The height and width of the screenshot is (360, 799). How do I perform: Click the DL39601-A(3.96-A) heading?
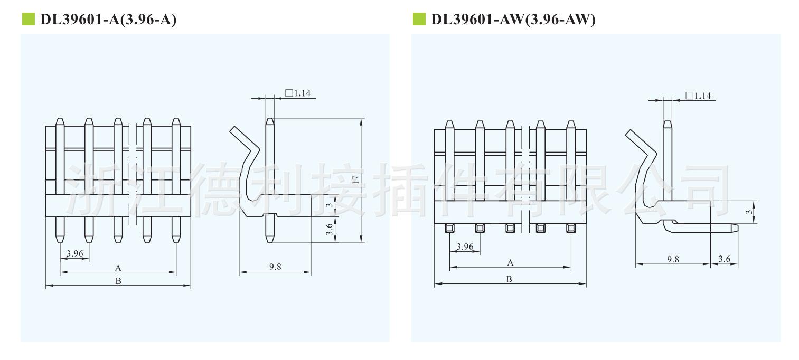pos(108,19)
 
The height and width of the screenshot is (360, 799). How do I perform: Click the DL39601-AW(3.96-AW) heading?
pos(513,19)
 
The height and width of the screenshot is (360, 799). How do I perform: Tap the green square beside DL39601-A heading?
pos(29,19)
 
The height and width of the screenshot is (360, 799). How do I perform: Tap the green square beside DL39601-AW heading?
pos(419,19)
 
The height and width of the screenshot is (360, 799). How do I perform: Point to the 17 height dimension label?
pos(355,179)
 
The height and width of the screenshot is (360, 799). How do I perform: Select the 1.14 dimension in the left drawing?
pos(298,93)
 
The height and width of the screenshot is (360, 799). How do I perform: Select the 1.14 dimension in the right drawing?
pos(699,96)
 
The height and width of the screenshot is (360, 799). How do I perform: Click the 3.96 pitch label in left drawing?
pos(74,253)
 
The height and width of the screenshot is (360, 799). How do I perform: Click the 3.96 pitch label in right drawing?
pos(465,247)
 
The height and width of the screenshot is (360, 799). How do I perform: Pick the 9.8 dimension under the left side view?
pos(275,267)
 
